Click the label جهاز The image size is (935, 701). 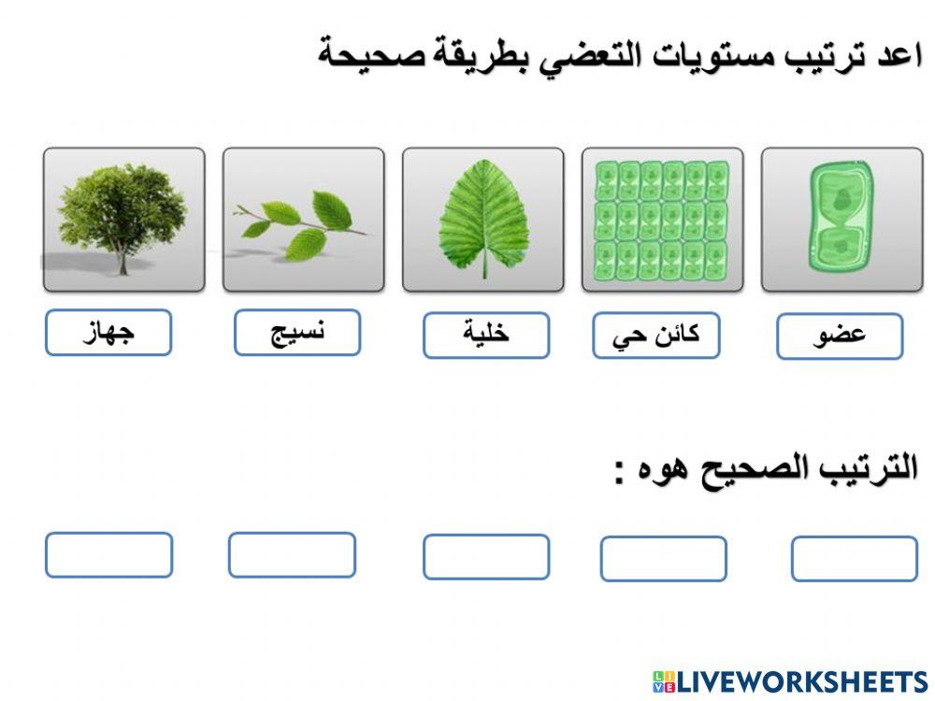tap(108, 334)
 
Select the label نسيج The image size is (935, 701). tap(297, 334)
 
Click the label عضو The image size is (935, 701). tap(840, 336)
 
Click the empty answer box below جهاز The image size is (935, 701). tap(108, 555)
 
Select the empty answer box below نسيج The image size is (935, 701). tap(292, 555)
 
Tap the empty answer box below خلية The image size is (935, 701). tap(486, 557)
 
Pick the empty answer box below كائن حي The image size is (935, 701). tap(663, 559)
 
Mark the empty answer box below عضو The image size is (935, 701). tap(854, 559)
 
